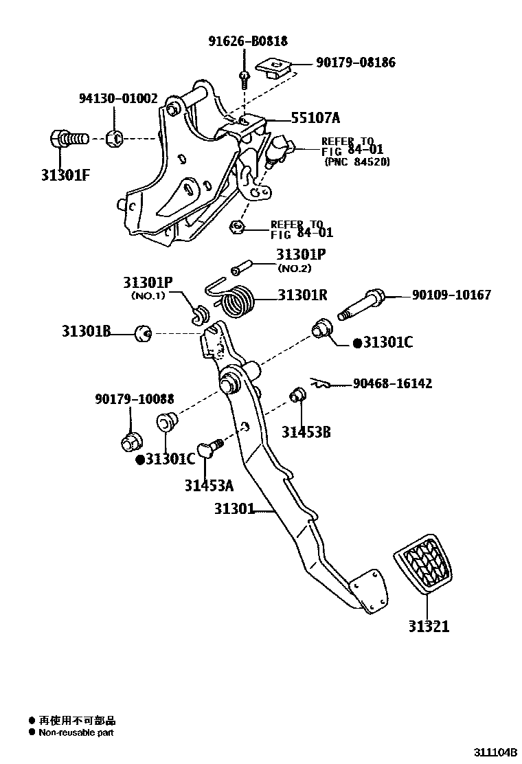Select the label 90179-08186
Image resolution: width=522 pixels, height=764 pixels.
click(x=356, y=63)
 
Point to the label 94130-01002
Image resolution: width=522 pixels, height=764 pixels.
click(x=116, y=99)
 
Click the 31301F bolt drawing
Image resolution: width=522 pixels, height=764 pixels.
click(x=68, y=139)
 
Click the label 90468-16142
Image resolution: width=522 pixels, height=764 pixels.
click(x=392, y=383)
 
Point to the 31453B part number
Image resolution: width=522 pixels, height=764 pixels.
click(x=306, y=431)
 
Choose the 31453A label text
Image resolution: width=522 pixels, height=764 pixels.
click(x=208, y=486)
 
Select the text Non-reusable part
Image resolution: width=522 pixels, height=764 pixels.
click(x=76, y=732)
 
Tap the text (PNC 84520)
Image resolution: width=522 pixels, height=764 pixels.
click(x=356, y=162)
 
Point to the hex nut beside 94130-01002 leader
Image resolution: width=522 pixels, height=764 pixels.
click(x=115, y=139)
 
